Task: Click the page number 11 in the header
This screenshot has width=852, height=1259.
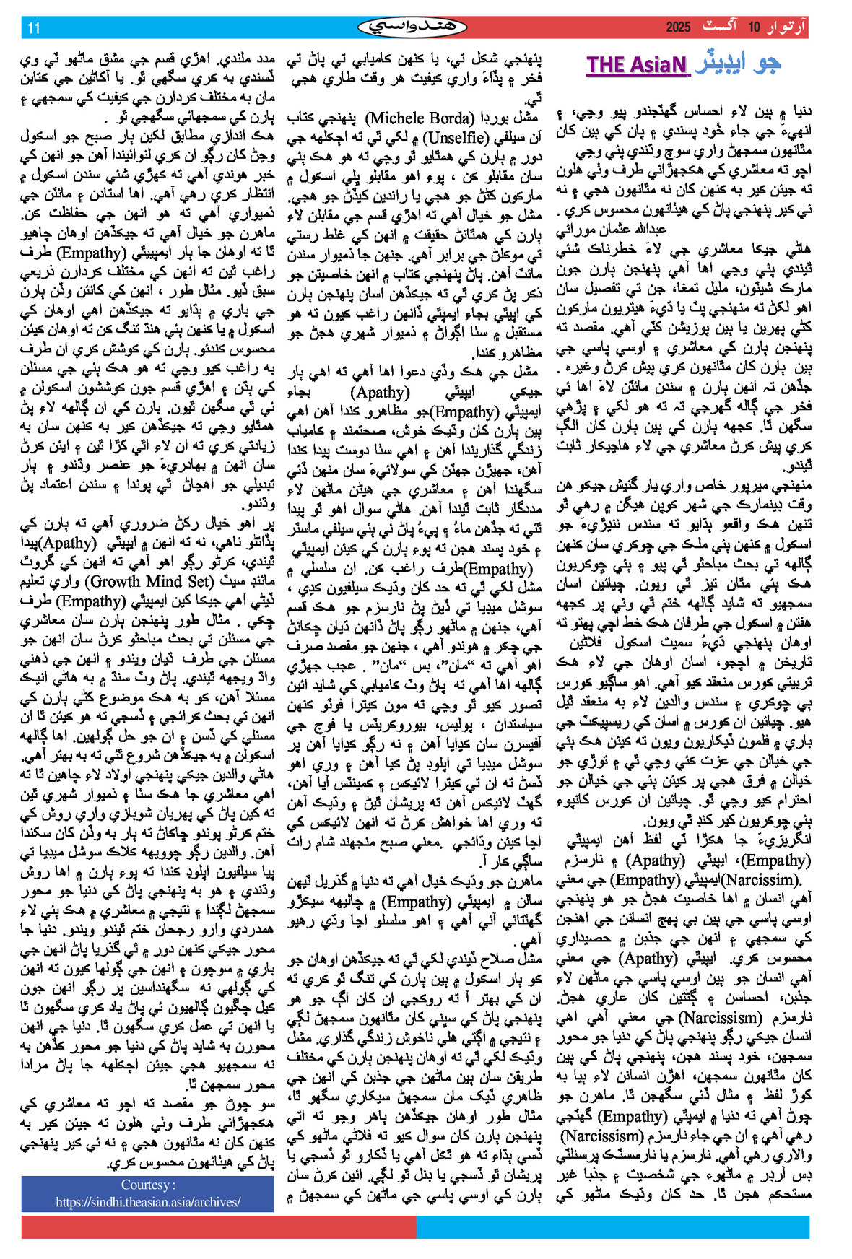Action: point(34,28)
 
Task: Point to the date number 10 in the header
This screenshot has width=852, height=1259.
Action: point(754,27)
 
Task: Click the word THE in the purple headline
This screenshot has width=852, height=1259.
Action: point(606,65)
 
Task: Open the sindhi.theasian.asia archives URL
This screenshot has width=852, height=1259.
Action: point(147,1201)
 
